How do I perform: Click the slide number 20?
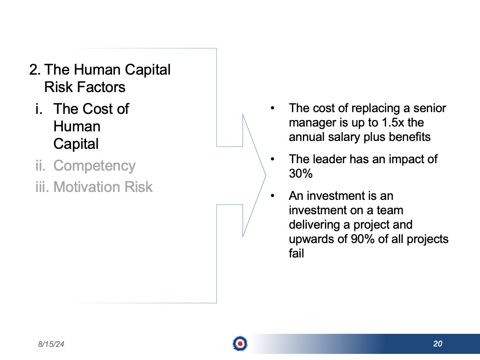click(438, 344)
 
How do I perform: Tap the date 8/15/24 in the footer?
click(51, 344)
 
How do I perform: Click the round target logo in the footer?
click(240, 344)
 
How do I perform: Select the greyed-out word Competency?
click(94, 166)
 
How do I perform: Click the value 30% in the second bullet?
click(301, 174)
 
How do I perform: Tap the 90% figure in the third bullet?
click(363, 239)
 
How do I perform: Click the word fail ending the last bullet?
click(296, 253)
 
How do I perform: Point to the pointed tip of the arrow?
click(266, 175)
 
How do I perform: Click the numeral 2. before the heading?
click(35, 70)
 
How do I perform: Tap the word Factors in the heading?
click(101, 87)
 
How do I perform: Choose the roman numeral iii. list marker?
click(42, 187)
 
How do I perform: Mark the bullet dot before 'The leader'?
click(272, 159)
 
